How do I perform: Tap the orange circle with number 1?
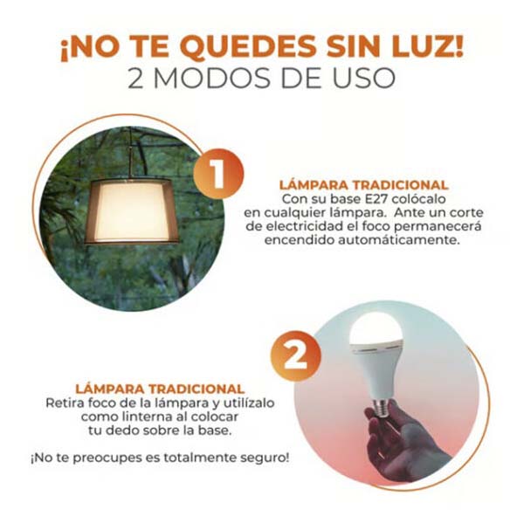pos(218,174)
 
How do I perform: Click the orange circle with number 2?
pos(296,355)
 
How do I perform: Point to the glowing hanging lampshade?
pos(131,210)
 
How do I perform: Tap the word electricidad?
pos(303,226)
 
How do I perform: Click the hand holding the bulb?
pos(400,441)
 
